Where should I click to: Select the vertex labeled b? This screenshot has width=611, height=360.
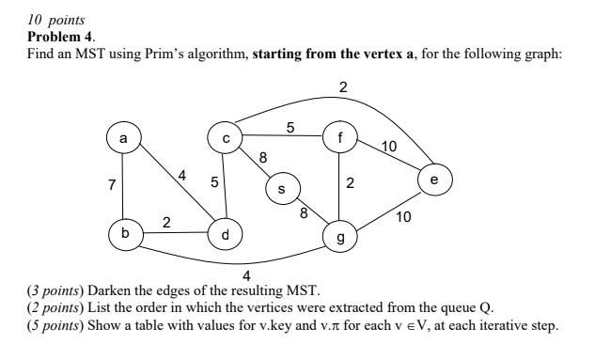122,230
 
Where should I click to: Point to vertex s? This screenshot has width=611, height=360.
280,189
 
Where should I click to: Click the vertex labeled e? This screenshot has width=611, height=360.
433,178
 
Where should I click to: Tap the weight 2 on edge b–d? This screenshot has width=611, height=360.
166,222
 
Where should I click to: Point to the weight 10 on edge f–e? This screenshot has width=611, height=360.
390,146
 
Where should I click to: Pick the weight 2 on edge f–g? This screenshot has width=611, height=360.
350,183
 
